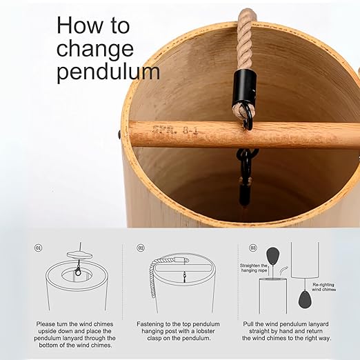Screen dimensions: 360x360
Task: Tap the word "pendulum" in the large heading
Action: coord(108,72)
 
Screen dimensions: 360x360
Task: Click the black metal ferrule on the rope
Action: coord(244,88)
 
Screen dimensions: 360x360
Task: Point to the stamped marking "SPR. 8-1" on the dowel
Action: coord(174,131)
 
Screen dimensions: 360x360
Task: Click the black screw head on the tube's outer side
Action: coord(119,134)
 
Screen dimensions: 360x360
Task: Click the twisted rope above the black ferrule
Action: coord(246,39)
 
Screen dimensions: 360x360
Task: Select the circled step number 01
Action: coord(39,248)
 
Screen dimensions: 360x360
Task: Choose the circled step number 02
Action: coord(141,248)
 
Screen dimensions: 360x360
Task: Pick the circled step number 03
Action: coord(253,248)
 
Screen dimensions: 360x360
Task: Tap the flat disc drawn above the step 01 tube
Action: coord(79,254)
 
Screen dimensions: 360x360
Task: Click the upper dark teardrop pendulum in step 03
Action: coord(272,256)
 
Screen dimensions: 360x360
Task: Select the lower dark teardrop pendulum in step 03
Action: coord(305,299)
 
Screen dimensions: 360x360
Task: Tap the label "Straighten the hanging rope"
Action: coord(254,268)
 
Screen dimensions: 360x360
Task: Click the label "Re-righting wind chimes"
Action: coord(323,287)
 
